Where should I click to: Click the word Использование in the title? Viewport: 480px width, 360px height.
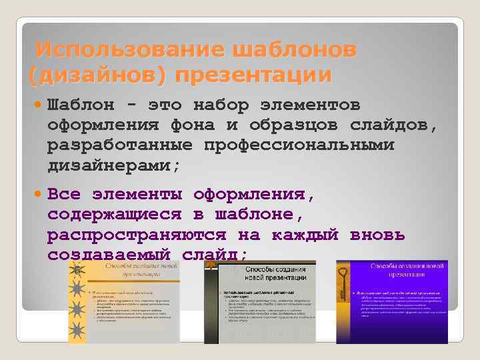[127, 49]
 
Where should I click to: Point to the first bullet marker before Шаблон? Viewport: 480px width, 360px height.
[37, 105]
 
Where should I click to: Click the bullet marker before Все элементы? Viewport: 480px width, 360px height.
[37, 196]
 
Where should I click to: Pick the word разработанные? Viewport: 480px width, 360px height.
[117, 145]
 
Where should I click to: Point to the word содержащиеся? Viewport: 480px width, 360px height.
[113, 215]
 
